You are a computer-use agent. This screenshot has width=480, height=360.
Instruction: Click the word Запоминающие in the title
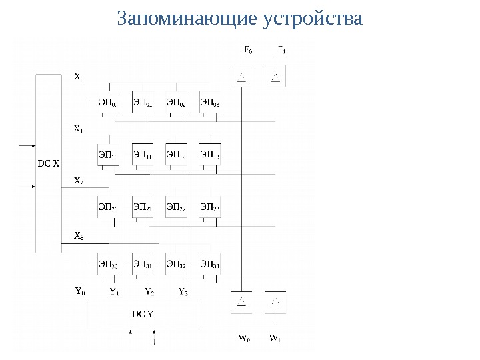tap(185, 19)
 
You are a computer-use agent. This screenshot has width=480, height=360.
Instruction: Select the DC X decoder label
tap(49, 162)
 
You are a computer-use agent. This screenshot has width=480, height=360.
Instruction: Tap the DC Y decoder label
tap(142, 313)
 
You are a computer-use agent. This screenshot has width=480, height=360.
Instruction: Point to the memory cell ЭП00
tap(108, 103)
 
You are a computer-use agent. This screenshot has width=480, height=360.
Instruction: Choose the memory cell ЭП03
tap(210, 103)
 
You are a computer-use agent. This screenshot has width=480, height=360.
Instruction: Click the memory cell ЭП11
tap(142, 156)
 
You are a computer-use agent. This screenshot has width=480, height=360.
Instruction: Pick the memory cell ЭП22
tap(176, 209)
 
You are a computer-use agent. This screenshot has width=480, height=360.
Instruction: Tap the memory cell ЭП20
tap(108, 209)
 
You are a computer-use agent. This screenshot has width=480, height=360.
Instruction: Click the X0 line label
tap(79, 77)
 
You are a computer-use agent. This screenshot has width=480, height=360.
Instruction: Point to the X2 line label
tap(79, 181)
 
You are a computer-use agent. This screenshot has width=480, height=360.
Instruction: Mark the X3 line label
tap(79, 236)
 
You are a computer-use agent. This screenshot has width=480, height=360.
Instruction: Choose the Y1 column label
tap(114, 291)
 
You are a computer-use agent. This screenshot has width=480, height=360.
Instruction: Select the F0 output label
tap(247, 50)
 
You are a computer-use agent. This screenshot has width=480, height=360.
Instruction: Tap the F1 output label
tap(281, 50)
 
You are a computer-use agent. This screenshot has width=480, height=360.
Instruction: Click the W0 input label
tap(245, 338)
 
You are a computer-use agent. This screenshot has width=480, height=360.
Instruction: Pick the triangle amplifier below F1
tap(275, 78)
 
